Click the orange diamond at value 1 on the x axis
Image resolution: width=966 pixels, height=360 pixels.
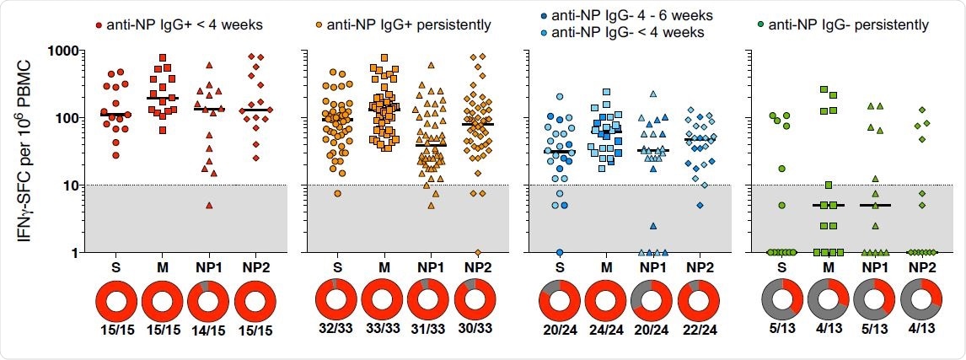[x=476, y=252]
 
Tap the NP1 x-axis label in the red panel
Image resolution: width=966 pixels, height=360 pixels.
[x=208, y=268]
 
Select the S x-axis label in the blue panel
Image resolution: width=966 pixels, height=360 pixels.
[x=560, y=268]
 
